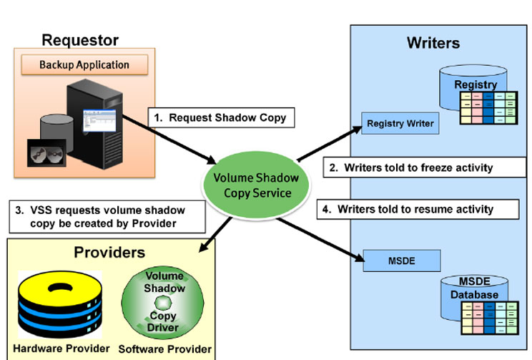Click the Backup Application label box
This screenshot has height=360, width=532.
[x=84, y=64]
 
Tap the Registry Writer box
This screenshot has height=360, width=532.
[x=400, y=123]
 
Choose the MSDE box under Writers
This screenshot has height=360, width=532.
[x=400, y=260]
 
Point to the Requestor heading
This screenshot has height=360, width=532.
[x=80, y=40]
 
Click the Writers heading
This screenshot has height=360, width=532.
[x=433, y=43]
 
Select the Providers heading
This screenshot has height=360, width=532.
[x=109, y=252]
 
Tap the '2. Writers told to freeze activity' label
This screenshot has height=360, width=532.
[x=419, y=167]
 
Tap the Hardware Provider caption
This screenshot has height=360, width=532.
[x=61, y=349]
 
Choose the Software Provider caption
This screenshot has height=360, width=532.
[x=165, y=349]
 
